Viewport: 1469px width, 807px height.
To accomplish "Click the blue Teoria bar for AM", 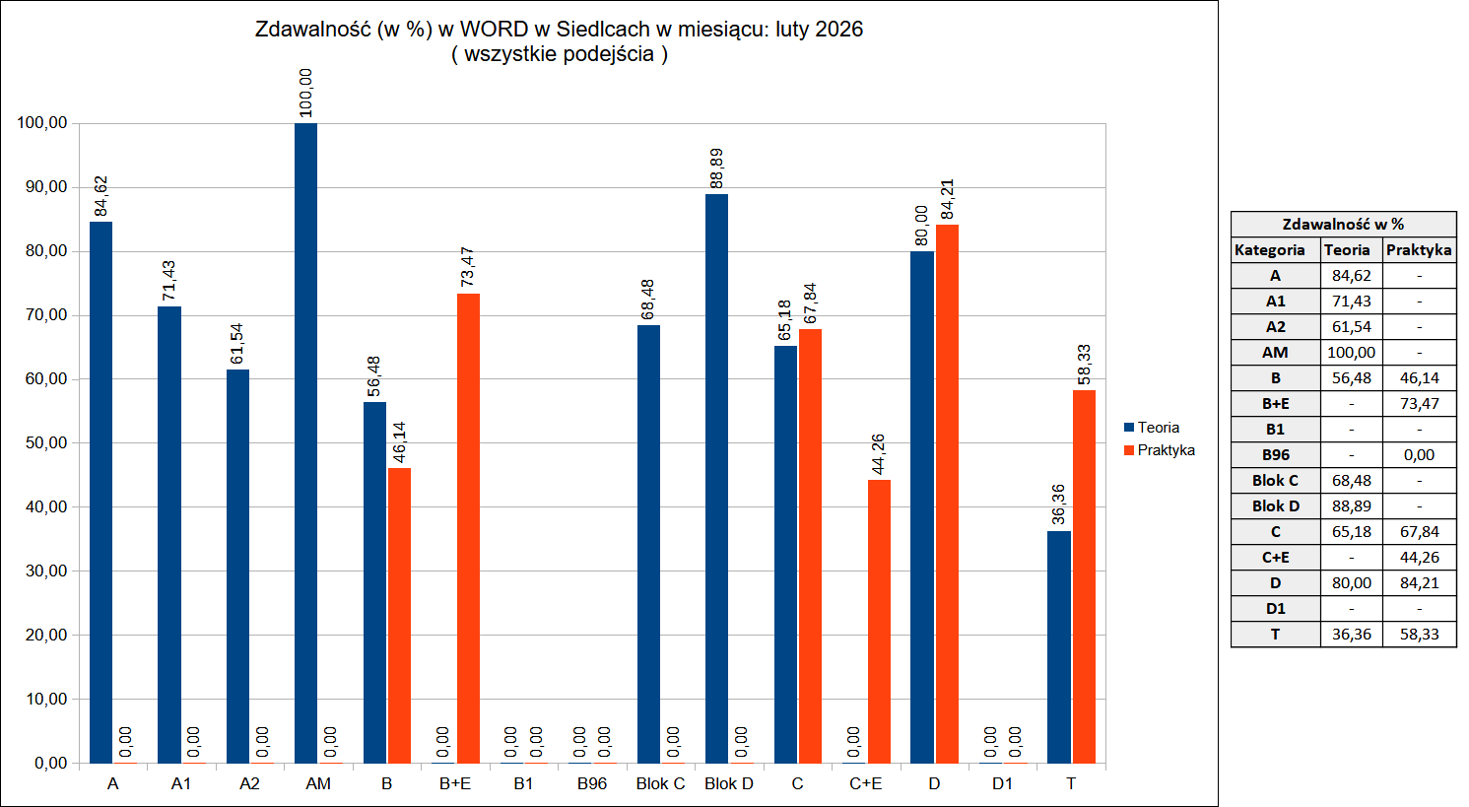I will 306,443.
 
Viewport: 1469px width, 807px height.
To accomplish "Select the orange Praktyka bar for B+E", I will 468,528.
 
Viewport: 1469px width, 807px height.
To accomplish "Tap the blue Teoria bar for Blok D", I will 717,479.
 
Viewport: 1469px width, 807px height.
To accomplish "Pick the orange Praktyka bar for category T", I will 1084,576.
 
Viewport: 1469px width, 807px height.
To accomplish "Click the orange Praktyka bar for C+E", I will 879,621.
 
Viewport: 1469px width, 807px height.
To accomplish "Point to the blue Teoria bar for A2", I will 237,567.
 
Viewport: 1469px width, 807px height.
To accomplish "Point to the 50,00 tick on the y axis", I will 42,443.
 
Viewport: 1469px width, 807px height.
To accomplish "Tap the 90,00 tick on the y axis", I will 42,187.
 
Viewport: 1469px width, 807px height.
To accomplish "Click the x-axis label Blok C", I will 660,783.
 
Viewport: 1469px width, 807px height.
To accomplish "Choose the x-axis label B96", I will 592,783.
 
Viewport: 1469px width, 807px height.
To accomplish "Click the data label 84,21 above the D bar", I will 948,200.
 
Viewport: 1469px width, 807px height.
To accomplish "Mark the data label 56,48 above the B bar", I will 374,376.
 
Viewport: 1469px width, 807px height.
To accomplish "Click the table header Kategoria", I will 1270,250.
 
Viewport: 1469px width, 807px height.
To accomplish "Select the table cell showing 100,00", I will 1351,353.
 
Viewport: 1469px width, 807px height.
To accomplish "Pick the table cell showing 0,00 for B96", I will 1419,455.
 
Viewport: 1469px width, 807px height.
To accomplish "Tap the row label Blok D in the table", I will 1275,506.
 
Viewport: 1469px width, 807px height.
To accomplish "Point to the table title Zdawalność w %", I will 1343,225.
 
